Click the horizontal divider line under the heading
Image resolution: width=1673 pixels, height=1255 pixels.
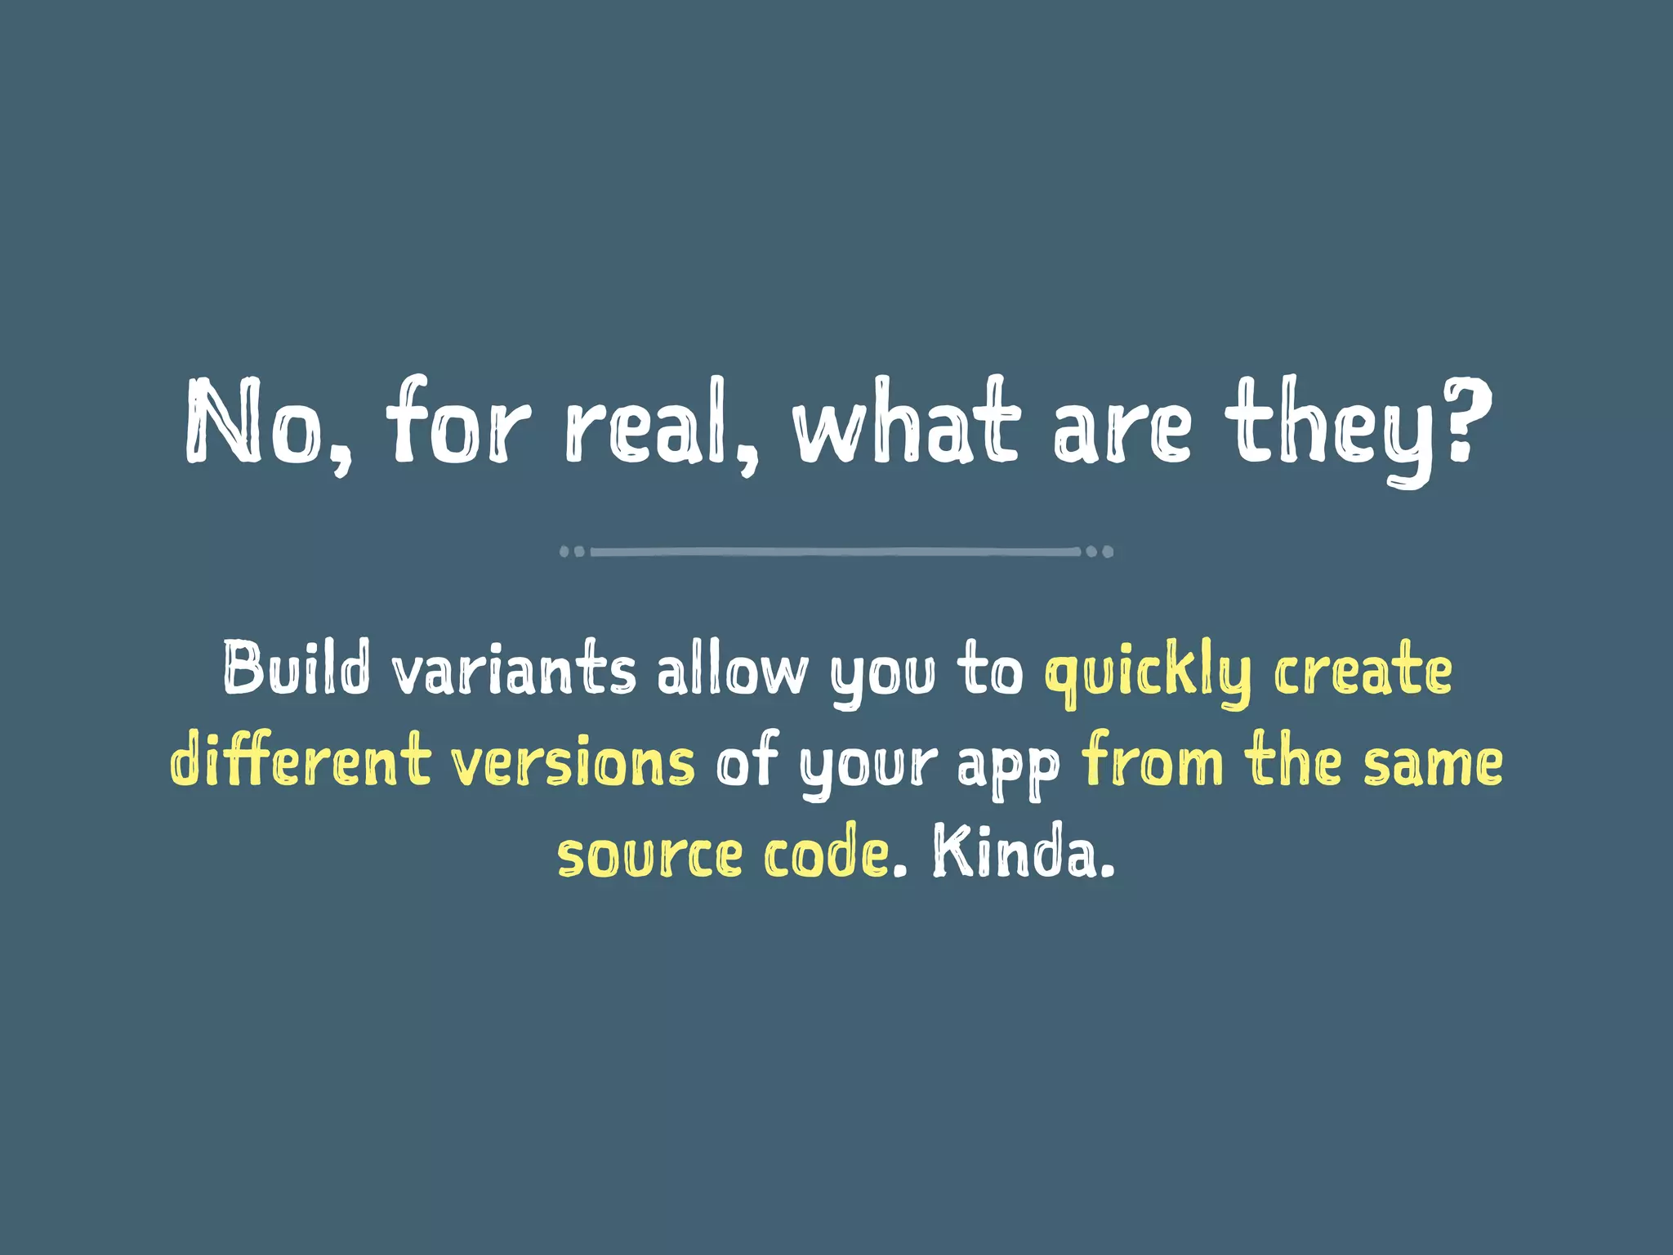(836, 552)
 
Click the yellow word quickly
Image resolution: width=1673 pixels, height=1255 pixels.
(1147, 674)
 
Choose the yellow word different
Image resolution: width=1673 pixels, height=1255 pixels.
(300, 760)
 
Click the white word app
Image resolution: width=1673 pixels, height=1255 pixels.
(1008, 768)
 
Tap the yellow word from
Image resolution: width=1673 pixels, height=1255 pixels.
(1153, 760)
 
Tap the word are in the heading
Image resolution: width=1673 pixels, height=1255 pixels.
(1122, 429)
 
